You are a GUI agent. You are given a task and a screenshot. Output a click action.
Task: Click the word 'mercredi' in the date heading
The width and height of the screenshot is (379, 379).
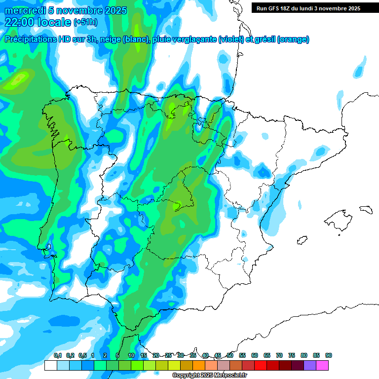(23, 10)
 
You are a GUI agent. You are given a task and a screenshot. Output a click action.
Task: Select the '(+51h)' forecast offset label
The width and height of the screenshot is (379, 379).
(85, 22)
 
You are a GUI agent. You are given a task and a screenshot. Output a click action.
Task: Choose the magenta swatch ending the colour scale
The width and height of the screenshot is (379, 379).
(322, 365)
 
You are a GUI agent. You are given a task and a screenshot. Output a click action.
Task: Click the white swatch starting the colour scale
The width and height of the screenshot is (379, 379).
(50, 365)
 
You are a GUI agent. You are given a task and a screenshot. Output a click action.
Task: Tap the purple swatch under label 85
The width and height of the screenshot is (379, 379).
(310, 365)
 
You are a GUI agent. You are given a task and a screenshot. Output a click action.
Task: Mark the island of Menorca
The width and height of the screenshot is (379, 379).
(365, 209)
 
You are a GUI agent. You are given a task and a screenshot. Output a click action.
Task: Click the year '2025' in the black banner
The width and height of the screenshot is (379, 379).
(352, 8)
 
